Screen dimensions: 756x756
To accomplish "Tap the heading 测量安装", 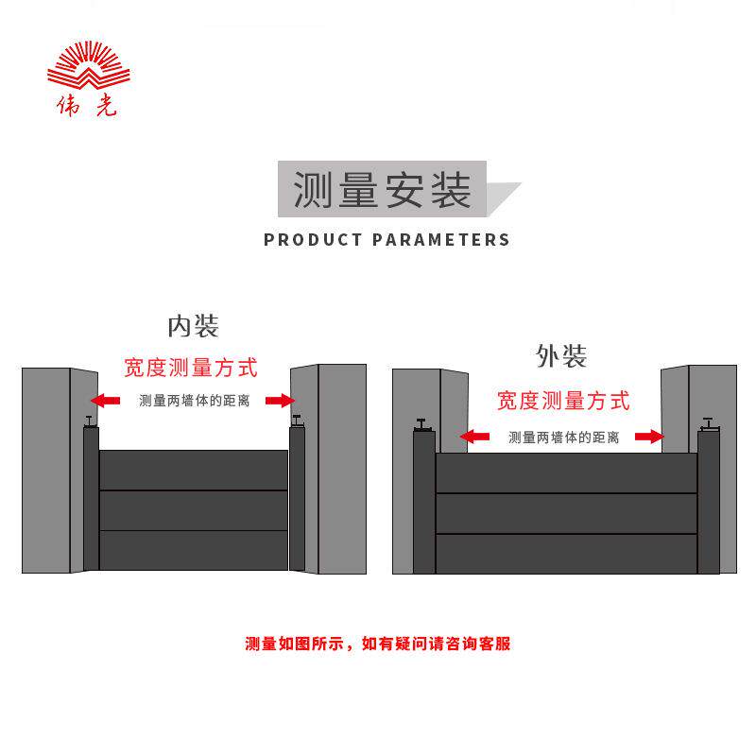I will pos(382,191).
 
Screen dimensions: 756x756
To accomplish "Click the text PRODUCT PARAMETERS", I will pos(387,239).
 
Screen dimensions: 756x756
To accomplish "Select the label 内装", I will pos(193,327).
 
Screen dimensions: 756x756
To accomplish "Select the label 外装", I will pos(561,356).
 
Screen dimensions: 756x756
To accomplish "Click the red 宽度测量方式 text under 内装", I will pos(191,368).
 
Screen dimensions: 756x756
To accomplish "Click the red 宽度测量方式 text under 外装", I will pos(563,401).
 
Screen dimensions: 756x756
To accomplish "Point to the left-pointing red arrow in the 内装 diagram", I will pos(106,401).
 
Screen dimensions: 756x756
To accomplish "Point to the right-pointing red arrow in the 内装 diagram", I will pos(280,401).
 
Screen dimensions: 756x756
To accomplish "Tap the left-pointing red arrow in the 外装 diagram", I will pos(474,437).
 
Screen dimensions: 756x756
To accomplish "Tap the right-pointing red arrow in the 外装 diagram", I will pos(649,437).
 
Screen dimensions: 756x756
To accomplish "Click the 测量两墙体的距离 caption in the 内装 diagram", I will pos(194,401).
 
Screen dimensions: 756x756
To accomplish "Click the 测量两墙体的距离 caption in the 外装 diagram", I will pos(563,437).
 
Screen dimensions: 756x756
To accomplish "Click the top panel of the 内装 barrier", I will pos(194,470).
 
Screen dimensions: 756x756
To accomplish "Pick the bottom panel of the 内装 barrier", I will pos(194,550).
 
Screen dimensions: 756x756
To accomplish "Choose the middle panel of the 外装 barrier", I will pos(566,513).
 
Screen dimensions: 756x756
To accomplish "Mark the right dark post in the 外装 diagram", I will pos(709,503).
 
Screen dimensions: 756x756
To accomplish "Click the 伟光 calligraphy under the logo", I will pos(85,106).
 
